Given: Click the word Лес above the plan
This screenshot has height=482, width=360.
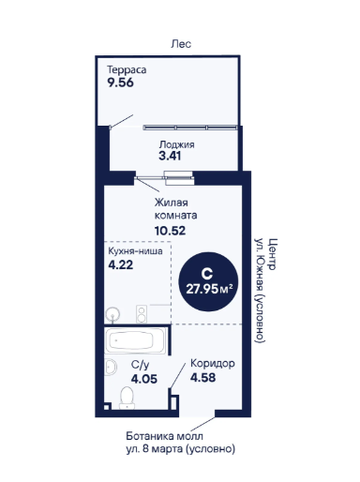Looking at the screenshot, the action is [x=181, y=44].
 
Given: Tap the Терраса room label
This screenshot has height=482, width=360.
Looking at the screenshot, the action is [x=127, y=69].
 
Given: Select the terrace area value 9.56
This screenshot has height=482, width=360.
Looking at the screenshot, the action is [x=120, y=83].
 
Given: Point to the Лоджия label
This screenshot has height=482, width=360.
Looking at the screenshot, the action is [x=176, y=144].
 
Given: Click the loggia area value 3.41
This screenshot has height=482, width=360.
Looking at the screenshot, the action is [x=170, y=156].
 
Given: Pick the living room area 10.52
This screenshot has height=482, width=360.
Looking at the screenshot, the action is [x=170, y=231].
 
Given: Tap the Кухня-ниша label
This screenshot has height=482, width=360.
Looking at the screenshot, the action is [x=135, y=251].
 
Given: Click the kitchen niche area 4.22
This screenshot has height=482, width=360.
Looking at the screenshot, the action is [x=121, y=264].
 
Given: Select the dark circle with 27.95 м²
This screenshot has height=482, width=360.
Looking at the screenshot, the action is [x=208, y=281].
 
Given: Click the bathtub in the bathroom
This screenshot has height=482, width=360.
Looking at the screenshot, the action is [x=136, y=340].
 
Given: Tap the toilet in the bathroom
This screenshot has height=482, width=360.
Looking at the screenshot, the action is [x=127, y=398].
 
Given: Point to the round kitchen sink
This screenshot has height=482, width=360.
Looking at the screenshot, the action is [x=112, y=314].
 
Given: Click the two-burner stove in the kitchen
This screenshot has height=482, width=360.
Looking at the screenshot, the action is [x=142, y=314].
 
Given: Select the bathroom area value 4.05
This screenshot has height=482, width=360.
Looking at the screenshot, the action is [x=144, y=379].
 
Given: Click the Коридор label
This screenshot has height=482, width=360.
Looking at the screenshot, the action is [x=213, y=364].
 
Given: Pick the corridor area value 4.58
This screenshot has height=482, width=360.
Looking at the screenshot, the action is [x=203, y=377].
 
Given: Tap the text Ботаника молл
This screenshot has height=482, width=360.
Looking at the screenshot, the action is [x=164, y=436].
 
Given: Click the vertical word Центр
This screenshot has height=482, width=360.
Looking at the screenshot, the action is [x=273, y=254].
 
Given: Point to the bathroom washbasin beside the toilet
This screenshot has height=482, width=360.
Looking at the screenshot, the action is [x=111, y=367].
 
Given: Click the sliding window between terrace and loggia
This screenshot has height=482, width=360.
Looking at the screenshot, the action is [x=190, y=128].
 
